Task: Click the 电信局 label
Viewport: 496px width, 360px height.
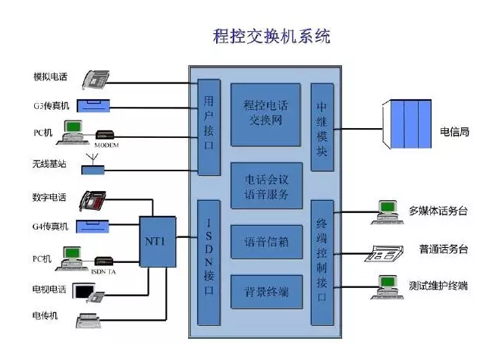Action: pyautogui.click(x=454, y=132)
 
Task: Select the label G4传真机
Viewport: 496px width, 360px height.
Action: pyautogui.click(x=51, y=227)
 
